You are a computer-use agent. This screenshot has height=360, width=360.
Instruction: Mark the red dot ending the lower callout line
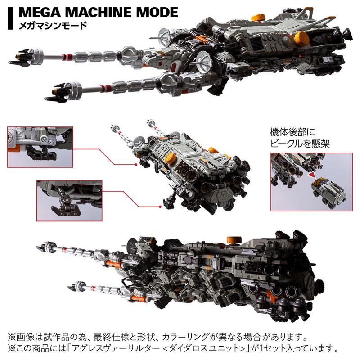tap(159, 206)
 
